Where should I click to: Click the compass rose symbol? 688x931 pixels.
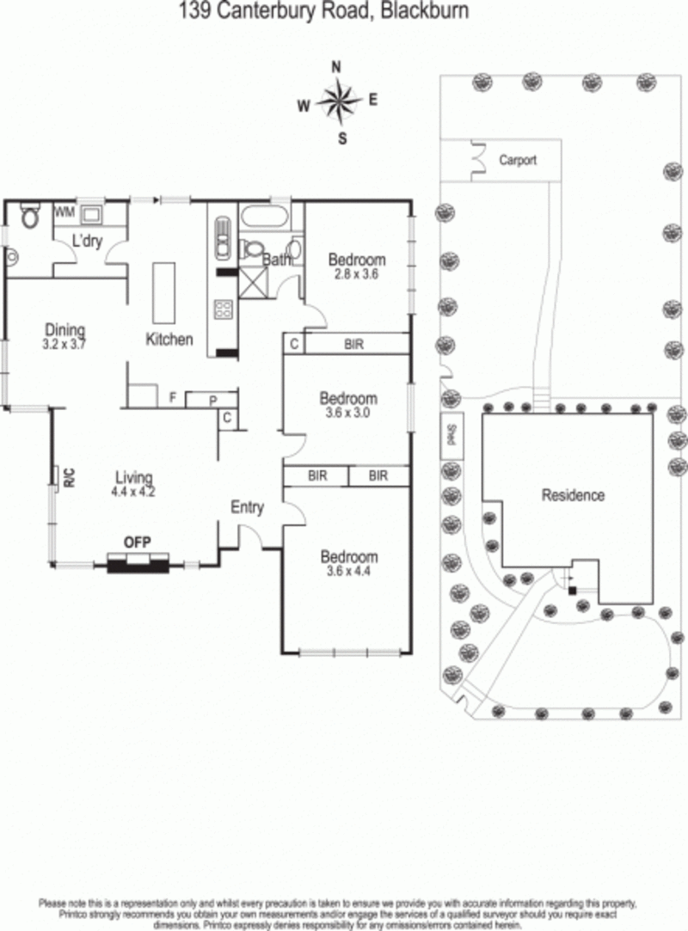339,102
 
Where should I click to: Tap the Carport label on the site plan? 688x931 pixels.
518,160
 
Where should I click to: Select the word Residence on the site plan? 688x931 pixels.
573,495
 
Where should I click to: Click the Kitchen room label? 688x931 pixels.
169,340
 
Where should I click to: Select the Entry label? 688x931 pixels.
247,507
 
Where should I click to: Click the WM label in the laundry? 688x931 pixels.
64,211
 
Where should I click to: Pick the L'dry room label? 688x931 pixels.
87,242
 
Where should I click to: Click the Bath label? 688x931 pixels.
277,260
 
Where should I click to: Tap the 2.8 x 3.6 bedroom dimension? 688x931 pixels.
357,275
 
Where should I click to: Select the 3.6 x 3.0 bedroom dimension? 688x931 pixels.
348,413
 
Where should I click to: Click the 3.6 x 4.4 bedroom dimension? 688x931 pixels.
348,572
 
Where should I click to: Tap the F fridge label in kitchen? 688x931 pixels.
173,398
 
